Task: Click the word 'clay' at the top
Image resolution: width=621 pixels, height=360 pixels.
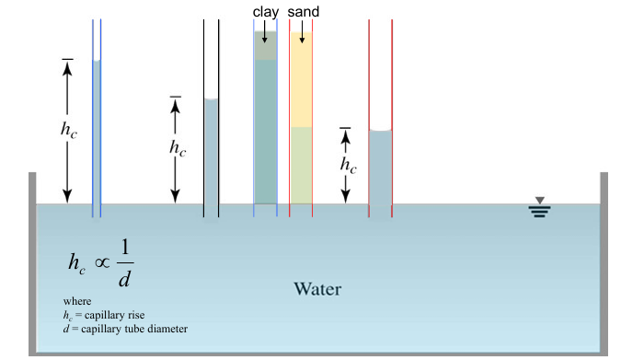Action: click(x=265, y=11)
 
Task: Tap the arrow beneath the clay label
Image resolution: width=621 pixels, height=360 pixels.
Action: click(x=265, y=32)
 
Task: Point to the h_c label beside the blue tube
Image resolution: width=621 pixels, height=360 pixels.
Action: click(x=69, y=130)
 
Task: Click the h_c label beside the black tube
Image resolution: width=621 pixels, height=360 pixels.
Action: click(x=177, y=147)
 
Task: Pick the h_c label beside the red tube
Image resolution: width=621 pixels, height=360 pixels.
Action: click(x=348, y=165)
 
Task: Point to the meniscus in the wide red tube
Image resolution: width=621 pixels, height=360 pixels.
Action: click(x=381, y=132)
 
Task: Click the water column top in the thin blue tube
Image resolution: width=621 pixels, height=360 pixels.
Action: click(x=97, y=61)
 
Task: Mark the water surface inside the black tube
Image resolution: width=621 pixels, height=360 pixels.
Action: click(x=211, y=99)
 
